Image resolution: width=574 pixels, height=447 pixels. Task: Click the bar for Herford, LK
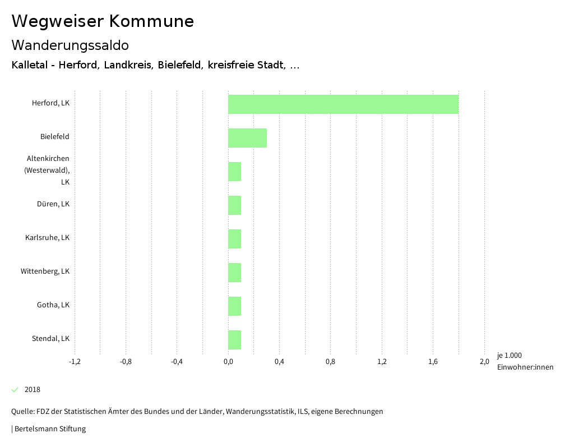point(343,104)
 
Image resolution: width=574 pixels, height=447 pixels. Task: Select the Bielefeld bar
point(247,138)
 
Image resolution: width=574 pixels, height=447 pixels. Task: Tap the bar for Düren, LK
point(234,205)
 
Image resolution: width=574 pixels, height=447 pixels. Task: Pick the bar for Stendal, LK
point(234,340)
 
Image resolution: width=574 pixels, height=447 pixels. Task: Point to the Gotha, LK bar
point(234,306)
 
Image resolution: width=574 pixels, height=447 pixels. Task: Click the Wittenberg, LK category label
point(45,271)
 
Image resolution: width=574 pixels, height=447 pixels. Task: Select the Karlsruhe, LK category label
point(47,238)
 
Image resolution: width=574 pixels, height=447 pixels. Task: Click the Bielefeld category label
point(54,137)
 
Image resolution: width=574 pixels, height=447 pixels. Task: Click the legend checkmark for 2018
point(15,390)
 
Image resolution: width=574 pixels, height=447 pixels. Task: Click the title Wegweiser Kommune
point(103,21)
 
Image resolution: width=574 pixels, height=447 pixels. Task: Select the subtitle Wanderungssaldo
point(70,45)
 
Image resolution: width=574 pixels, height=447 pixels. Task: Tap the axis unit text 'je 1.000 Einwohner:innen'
point(525,361)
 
